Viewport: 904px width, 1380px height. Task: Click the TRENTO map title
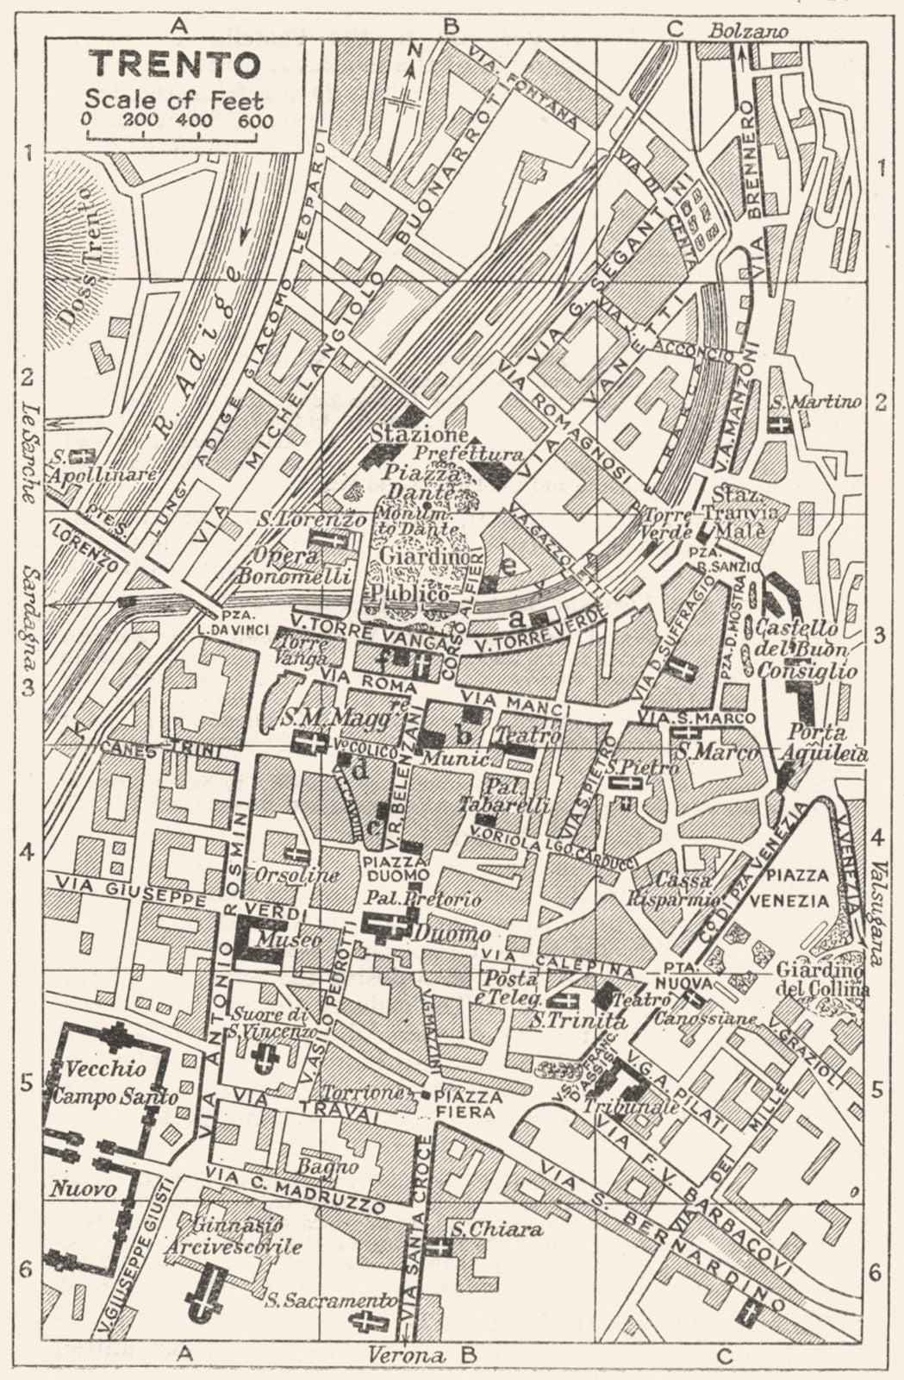click(176, 65)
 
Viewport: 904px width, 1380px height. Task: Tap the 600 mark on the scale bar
click(256, 121)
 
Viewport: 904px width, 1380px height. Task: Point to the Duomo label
click(440, 933)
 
